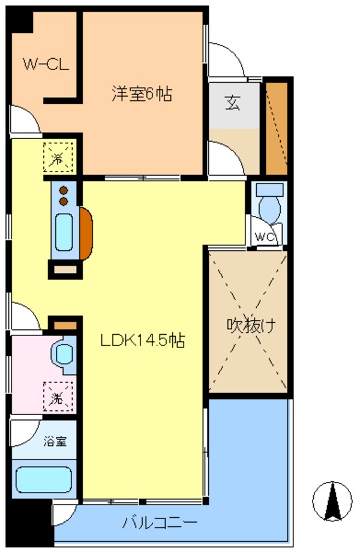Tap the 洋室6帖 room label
[142, 94]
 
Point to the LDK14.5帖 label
[141, 340]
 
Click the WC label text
[265, 236]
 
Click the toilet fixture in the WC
[268, 204]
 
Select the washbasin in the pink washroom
[63, 354]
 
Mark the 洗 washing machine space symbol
[57, 396]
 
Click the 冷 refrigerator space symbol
[58, 158]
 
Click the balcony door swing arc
[65, 513]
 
